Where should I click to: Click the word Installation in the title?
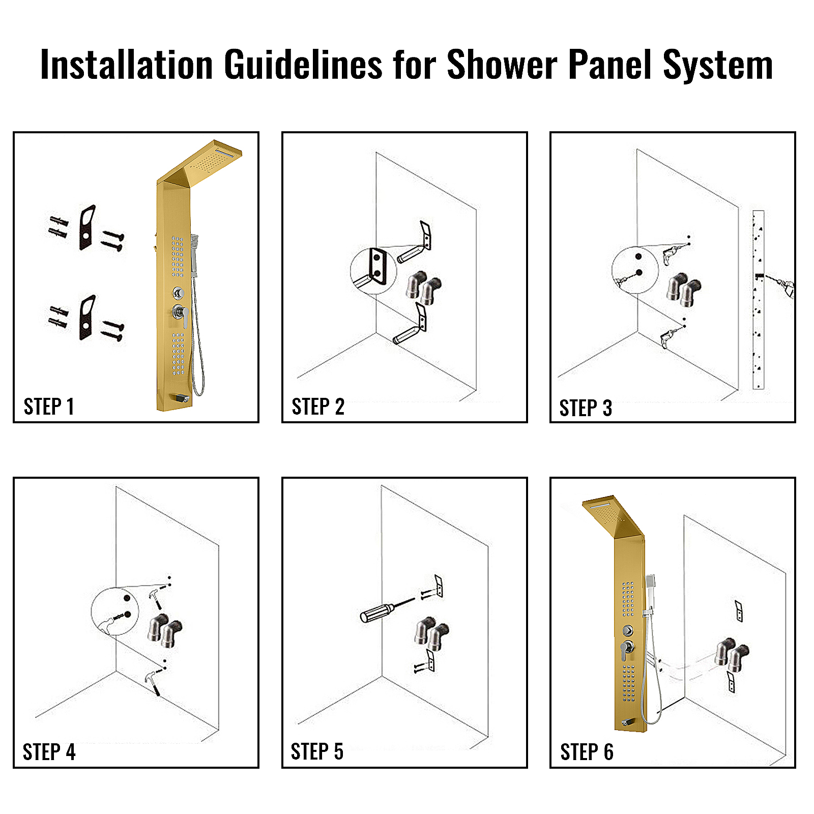coord(126,65)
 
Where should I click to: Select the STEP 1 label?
coord(49,406)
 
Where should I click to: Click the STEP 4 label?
coord(49,752)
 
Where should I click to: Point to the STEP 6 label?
coord(587,752)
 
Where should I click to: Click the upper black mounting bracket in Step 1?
coord(87,227)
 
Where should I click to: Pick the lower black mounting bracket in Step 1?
coord(87,317)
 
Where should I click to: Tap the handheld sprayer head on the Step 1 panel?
coord(194,241)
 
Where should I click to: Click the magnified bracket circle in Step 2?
coord(374,271)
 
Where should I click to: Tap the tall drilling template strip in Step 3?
coord(758,300)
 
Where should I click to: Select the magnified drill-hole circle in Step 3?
coord(635,270)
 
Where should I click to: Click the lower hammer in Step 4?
coord(153,682)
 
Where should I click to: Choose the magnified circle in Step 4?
coord(115,611)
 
